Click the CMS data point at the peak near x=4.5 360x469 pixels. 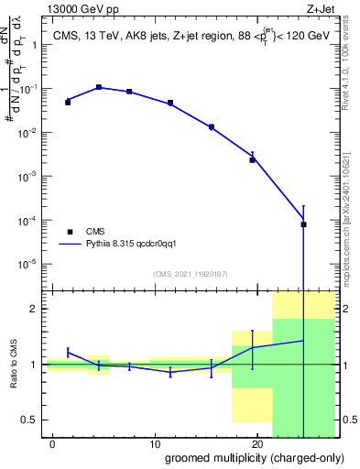(99, 87)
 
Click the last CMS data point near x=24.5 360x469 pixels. (303, 224)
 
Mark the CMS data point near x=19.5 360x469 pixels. (252, 159)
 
